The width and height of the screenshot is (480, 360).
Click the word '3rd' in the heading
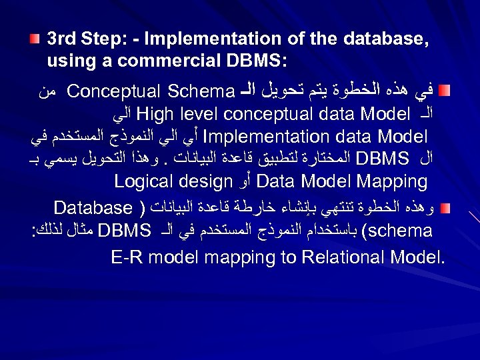pyautogui.click(x=61, y=39)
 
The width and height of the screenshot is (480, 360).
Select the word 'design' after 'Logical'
pyautogui.click(x=198, y=182)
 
